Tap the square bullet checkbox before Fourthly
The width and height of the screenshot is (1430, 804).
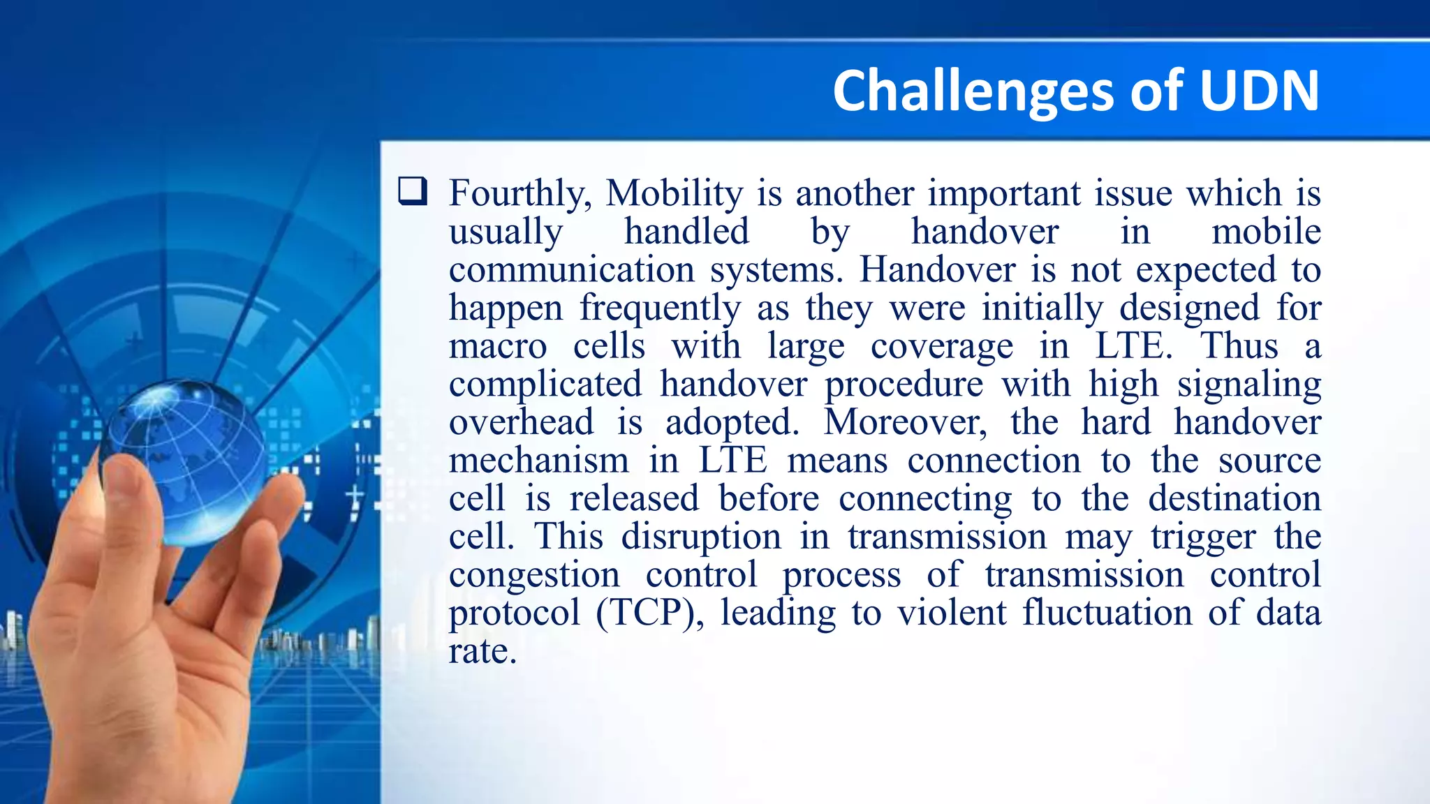(x=413, y=191)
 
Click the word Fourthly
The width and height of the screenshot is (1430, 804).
(x=520, y=193)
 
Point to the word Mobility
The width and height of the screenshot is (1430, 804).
(x=674, y=193)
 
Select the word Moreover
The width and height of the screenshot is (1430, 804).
(x=905, y=422)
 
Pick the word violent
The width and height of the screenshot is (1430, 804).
(x=952, y=613)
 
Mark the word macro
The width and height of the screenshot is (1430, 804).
(x=497, y=346)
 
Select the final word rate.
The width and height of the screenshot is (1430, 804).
(x=482, y=651)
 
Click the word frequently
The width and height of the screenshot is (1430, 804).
(x=660, y=308)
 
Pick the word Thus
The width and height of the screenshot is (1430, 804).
(x=1239, y=346)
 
